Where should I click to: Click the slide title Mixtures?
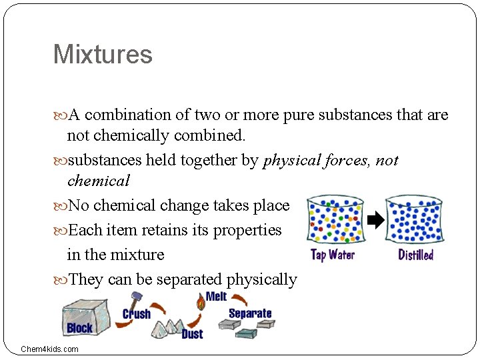tap(103, 55)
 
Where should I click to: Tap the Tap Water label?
tap(333, 255)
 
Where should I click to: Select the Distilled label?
tap(416, 255)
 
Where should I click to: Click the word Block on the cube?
tap(79, 328)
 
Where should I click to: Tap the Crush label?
tap(137, 314)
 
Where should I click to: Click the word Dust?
tap(193, 333)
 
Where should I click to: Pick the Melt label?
tap(216, 297)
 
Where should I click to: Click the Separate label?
tap(250, 313)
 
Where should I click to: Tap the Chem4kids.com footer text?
tap(49, 349)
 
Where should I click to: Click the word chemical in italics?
tap(99, 181)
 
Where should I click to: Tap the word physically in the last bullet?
tap(261, 279)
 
